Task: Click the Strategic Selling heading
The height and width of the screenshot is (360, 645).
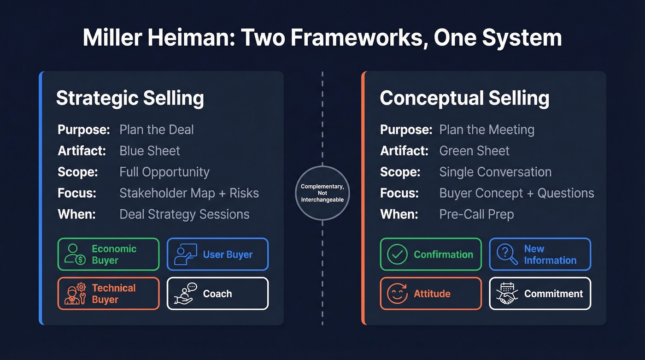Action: click(x=130, y=98)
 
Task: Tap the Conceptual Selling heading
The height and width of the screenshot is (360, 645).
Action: click(x=464, y=98)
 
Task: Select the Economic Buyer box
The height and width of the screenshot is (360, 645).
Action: click(x=108, y=254)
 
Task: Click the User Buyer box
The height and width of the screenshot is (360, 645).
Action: click(x=217, y=254)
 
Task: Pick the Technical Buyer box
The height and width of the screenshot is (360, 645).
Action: click(x=108, y=294)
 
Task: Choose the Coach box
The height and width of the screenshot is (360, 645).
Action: click(x=217, y=294)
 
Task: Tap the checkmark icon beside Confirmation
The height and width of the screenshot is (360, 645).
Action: click(x=397, y=254)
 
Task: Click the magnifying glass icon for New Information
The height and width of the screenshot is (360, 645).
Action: click(x=507, y=254)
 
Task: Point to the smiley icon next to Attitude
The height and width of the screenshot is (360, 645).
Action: click(x=397, y=294)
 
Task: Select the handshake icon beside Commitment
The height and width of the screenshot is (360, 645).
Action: click(x=507, y=294)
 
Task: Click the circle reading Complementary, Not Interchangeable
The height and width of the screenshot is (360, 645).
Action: click(x=322, y=193)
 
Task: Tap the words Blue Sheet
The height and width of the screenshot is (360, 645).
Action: click(x=150, y=151)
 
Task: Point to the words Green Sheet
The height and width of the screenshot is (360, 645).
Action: click(x=475, y=151)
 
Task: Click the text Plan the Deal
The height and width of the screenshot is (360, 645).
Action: click(x=157, y=130)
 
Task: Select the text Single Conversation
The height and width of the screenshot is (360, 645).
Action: click(x=495, y=172)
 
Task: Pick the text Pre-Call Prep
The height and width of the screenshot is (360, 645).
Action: click(x=476, y=214)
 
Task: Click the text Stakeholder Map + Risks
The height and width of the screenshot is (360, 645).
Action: click(x=189, y=193)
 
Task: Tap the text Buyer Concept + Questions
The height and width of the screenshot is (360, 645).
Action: click(x=516, y=193)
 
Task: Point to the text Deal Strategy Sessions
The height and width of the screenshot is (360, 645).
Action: click(x=184, y=214)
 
